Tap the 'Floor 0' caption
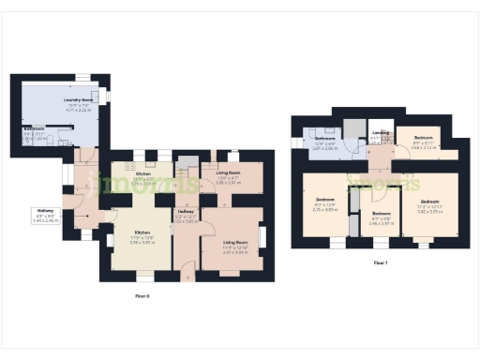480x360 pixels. point(142,295)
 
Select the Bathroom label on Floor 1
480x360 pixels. point(324,139)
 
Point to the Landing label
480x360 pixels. point(380,133)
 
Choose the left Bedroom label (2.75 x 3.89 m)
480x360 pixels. point(325,201)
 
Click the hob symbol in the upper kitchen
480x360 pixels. point(128,165)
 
